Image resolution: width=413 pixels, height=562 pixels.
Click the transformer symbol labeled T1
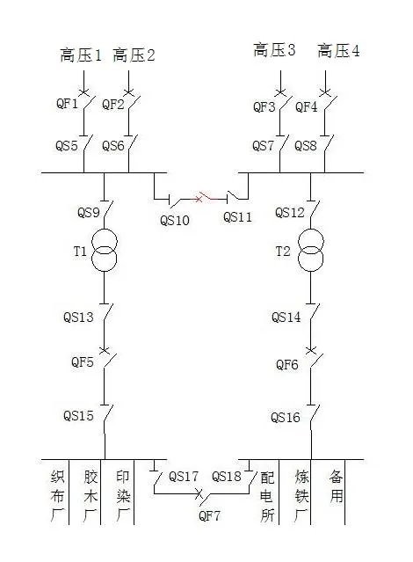click(105, 250)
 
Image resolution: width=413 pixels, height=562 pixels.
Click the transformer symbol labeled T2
click(311, 250)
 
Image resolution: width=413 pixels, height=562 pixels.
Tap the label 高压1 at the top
click(81, 55)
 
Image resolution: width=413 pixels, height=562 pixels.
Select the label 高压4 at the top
click(338, 50)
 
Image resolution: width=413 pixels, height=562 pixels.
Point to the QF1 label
click(67, 104)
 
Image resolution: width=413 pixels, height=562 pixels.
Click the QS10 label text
click(175, 220)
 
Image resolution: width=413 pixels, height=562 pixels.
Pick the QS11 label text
click(237, 217)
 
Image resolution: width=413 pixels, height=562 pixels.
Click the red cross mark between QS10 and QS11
click(199, 198)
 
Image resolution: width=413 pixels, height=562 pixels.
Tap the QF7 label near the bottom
click(209, 515)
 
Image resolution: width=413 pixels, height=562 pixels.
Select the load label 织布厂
click(57, 496)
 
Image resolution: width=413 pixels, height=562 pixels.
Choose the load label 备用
click(337, 486)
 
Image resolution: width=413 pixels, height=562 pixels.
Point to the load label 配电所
click(267, 496)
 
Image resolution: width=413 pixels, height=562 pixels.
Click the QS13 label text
click(78, 317)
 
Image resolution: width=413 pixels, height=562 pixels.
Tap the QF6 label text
click(287, 364)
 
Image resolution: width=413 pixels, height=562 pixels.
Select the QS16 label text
click(286, 418)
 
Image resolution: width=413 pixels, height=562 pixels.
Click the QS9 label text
click(88, 212)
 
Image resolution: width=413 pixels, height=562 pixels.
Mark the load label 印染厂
click(123, 496)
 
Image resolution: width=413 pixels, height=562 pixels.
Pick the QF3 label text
click(264, 106)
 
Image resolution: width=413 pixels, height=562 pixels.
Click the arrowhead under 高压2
click(128, 91)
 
